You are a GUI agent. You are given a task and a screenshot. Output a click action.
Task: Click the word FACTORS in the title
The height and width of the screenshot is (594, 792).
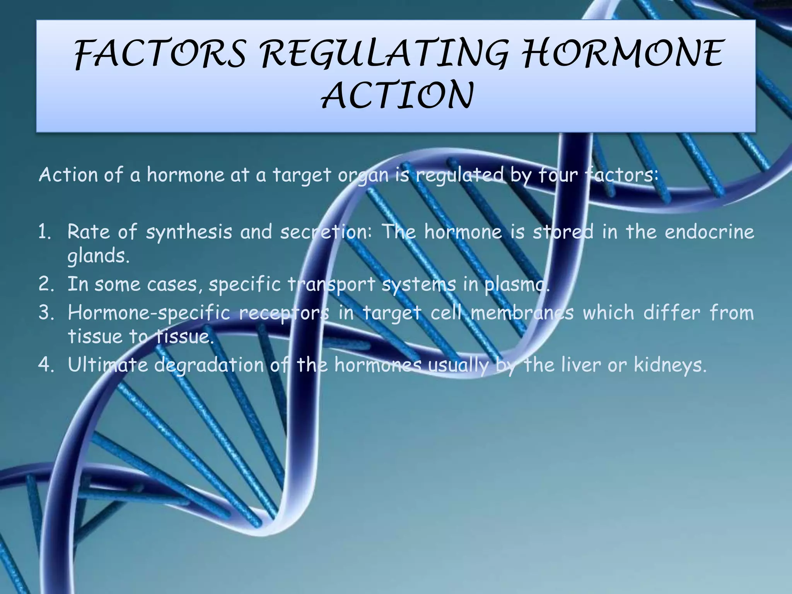[x=160, y=54]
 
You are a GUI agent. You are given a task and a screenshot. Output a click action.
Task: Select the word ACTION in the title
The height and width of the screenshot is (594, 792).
[x=397, y=96]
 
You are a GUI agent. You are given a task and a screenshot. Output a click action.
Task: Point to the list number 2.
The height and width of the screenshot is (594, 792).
[x=45, y=285]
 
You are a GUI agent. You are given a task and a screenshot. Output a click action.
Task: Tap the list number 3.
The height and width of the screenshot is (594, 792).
[x=45, y=313]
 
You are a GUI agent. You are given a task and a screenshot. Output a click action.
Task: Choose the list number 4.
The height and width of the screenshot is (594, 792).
[x=45, y=365]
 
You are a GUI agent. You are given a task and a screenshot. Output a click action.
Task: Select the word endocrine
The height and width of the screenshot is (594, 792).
[x=709, y=232]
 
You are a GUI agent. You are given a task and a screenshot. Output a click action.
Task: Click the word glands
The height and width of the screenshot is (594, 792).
[x=98, y=256]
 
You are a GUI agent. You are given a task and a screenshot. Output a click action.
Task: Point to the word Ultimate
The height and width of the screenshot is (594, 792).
[x=108, y=365]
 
